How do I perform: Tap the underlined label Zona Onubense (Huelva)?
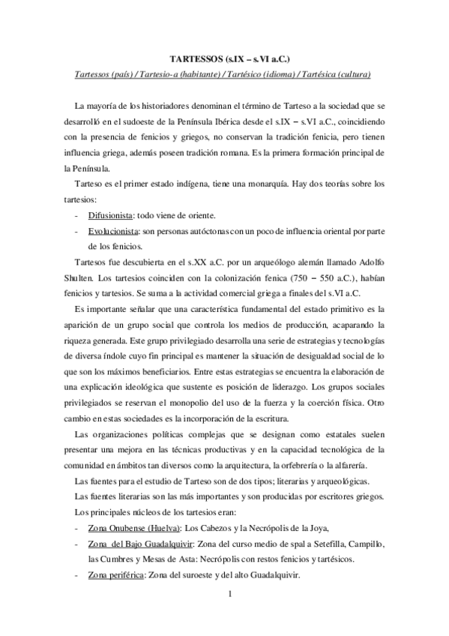[127, 528]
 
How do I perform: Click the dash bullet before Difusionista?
[78, 214]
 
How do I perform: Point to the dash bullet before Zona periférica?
[78, 575]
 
